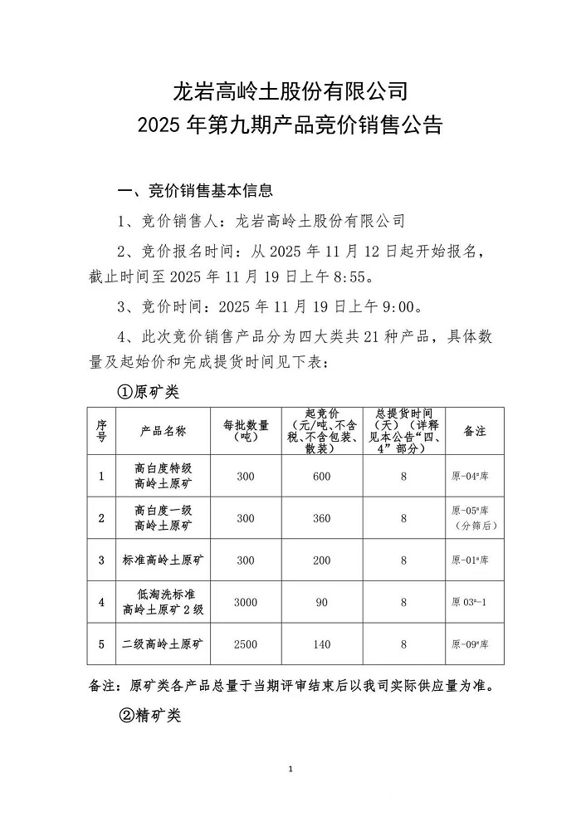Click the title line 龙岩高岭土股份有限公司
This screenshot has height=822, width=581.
click(290, 89)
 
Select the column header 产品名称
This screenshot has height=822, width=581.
click(163, 431)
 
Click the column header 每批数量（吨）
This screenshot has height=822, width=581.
click(246, 430)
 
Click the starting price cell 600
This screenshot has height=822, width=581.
click(322, 476)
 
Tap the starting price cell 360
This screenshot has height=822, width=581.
click(322, 518)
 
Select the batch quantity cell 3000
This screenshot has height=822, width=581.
click(246, 602)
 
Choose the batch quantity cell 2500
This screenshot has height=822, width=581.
click(246, 643)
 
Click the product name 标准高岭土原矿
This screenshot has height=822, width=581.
click(163, 560)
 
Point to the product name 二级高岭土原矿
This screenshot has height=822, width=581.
click(163, 643)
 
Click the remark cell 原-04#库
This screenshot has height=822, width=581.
click(470, 476)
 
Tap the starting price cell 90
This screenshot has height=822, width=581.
click(322, 602)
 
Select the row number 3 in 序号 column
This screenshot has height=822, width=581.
click(101, 560)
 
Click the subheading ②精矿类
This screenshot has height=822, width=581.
click(149, 715)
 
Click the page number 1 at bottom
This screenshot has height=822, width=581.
click(290, 770)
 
